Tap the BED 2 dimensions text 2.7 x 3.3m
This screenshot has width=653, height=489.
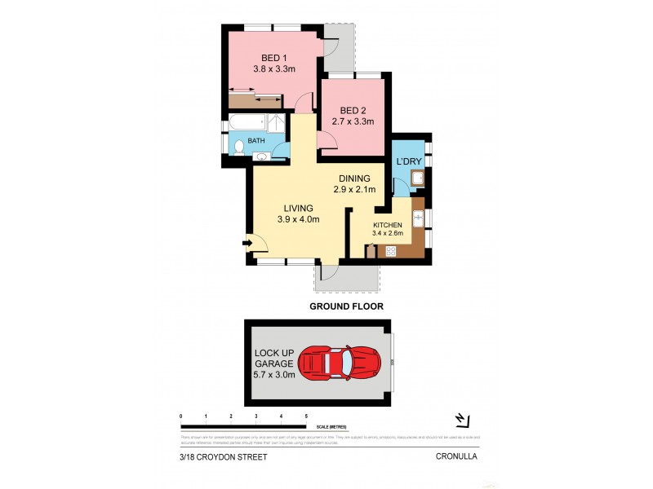click(x=353, y=122)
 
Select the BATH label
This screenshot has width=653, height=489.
click(x=256, y=141)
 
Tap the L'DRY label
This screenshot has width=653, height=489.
click(x=408, y=161)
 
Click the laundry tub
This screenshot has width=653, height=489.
click(x=416, y=180)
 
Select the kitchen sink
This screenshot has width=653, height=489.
click(x=418, y=218)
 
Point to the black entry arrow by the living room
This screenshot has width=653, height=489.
click(x=247, y=242)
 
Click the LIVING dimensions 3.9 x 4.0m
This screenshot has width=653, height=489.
click(x=298, y=219)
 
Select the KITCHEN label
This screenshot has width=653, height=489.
click(x=388, y=224)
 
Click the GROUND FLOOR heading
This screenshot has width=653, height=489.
click(x=346, y=306)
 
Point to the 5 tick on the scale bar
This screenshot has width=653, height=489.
click(x=306, y=416)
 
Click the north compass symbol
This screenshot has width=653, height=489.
click(x=462, y=420)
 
